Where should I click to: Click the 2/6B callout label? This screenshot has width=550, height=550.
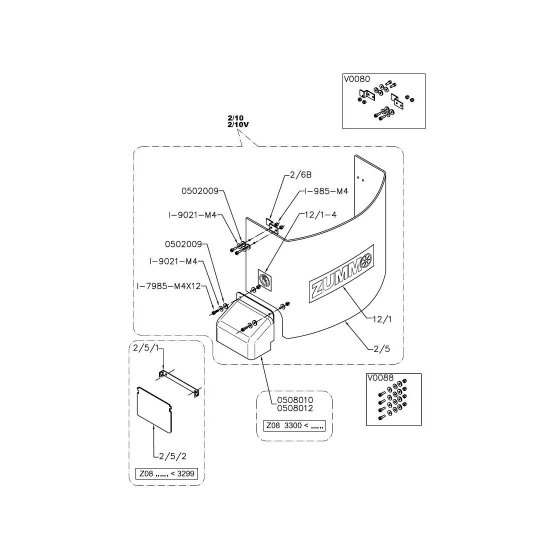click(x=300, y=175)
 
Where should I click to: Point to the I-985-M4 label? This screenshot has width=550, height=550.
click(x=326, y=191)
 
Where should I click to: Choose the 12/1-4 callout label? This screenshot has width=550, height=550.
click(x=320, y=214)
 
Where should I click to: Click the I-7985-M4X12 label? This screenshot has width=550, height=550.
click(x=168, y=286)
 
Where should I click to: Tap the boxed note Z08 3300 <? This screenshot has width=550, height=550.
click(x=294, y=426)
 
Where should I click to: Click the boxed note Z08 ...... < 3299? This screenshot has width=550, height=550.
click(x=166, y=474)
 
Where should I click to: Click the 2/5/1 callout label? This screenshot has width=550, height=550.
click(x=146, y=348)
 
